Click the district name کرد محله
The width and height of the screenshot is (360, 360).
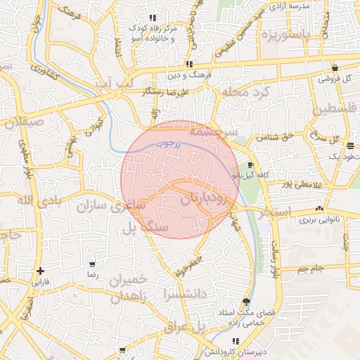click(x=245, y=92)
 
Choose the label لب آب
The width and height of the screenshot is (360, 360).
click(x=113, y=84)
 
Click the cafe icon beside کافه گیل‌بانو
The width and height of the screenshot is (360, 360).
click(x=251, y=164)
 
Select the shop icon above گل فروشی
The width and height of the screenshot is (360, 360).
click(x=335, y=68)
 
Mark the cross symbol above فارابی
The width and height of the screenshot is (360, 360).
click(x=41, y=271)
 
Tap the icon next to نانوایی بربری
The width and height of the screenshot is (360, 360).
click(x=320, y=209)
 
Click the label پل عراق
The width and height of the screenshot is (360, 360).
click(x=184, y=328)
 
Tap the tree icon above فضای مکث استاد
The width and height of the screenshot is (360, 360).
click(x=245, y=300)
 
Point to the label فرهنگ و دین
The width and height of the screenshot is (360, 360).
click(x=183, y=73)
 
